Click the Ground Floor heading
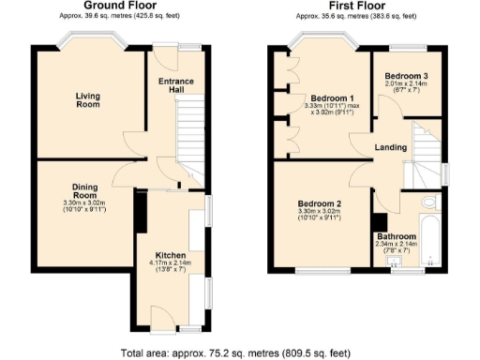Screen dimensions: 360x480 pyautogui.click(x=119, y=7)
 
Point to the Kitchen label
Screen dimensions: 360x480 pyautogui.click(x=171, y=255)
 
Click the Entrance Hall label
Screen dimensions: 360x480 pyautogui.click(x=175, y=85)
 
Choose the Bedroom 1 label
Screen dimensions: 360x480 pyautogui.click(x=332, y=98)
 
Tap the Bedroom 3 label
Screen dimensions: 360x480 pyautogui.click(x=407, y=75)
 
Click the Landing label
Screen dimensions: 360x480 pyautogui.click(x=389, y=146)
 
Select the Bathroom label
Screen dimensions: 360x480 pyautogui.click(x=395, y=236)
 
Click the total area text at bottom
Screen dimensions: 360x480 pyautogui.click(x=239, y=352)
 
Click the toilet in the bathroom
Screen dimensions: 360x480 pyautogui.click(x=428, y=203)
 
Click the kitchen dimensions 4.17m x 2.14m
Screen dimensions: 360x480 pyautogui.click(x=171, y=265)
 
